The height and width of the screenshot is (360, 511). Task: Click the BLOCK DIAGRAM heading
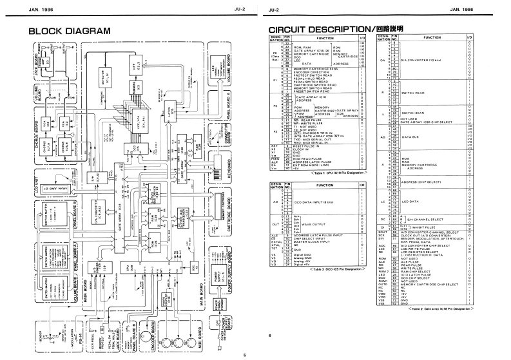coord(68,31)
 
